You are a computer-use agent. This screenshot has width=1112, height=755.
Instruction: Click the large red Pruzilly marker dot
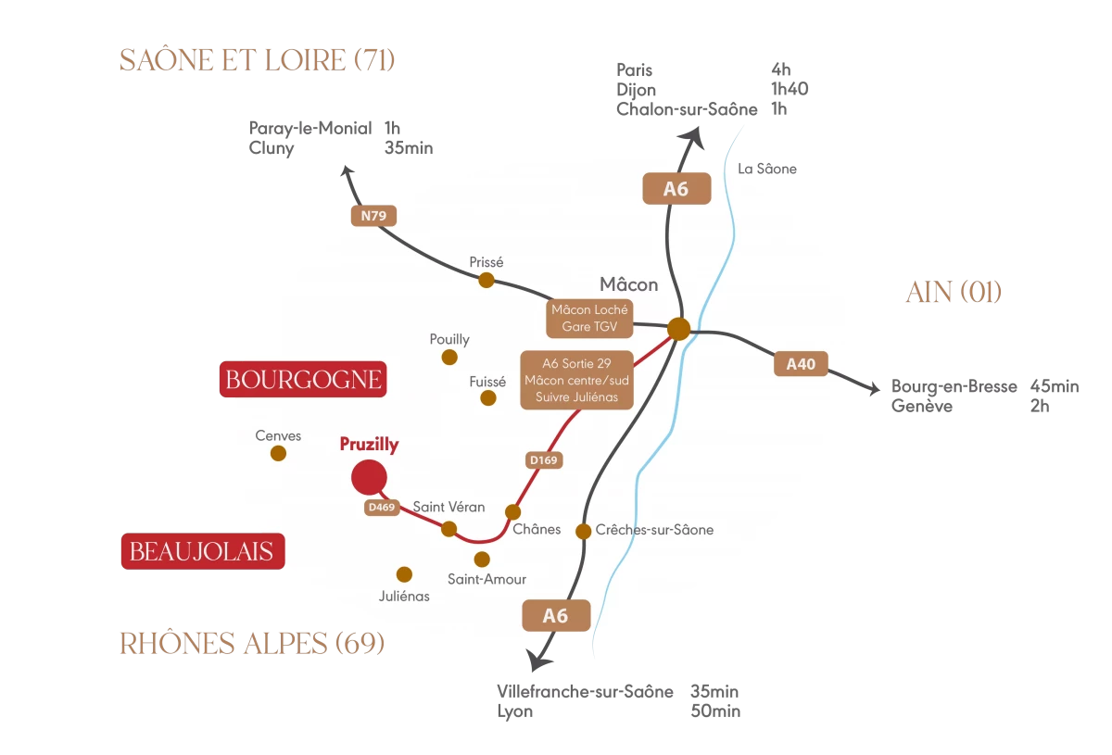[x=369, y=477]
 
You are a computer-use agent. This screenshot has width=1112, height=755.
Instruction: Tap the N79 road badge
[x=373, y=217]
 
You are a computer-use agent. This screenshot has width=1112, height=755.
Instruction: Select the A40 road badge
[x=801, y=364]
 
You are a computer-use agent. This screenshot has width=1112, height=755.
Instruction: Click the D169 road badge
[x=544, y=459]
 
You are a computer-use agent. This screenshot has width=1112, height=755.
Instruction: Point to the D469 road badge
[x=382, y=507]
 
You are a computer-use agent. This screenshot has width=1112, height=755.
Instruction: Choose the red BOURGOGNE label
[x=303, y=380]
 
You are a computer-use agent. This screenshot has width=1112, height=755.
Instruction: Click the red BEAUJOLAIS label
[x=202, y=552]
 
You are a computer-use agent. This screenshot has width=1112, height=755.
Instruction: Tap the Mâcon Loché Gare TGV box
[x=589, y=319]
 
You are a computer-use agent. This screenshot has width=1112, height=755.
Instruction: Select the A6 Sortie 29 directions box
[x=577, y=379]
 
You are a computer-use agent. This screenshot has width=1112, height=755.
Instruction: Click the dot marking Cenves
[x=278, y=453]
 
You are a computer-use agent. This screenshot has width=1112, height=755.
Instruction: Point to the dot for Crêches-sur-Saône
[x=584, y=531]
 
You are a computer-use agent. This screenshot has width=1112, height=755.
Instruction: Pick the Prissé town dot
[x=486, y=280]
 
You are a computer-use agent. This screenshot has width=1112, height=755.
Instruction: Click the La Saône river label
[x=767, y=169]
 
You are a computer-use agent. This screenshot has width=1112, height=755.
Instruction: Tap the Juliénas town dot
[x=404, y=574]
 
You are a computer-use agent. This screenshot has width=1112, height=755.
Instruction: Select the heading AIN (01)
[x=954, y=293]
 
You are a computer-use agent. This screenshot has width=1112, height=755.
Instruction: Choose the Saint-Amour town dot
[x=482, y=560]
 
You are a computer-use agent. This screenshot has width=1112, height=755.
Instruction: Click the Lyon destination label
[x=515, y=711]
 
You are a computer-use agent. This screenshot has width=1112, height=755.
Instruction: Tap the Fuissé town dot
[x=488, y=398]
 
